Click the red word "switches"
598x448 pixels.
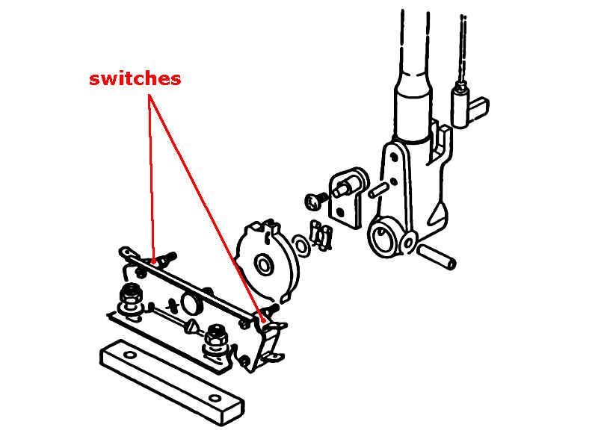click(x=135, y=79)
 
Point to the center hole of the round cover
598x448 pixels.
click(x=264, y=265)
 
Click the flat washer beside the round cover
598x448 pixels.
click(x=300, y=244)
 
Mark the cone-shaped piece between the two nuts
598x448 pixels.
click(x=191, y=326)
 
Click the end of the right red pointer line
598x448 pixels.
click(x=262, y=318)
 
